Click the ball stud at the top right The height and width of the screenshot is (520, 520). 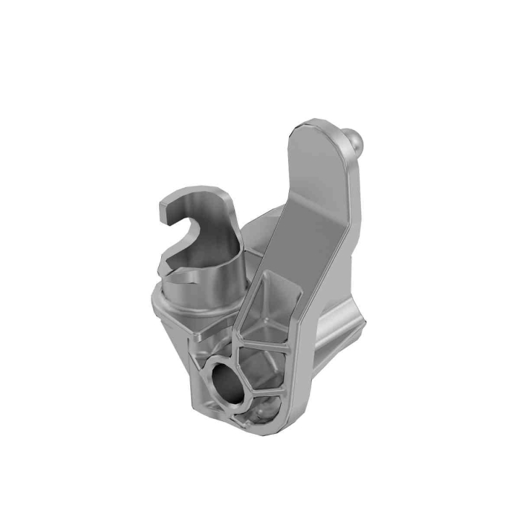point(357,138)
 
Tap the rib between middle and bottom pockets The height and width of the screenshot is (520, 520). point(267,396)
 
